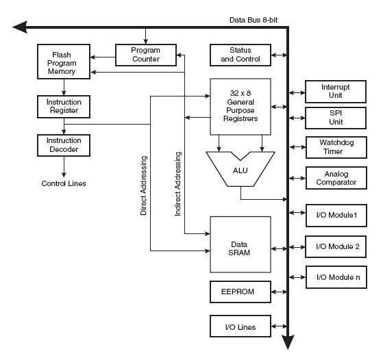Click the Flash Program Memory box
point(64,62)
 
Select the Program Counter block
point(146,55)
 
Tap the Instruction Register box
point(64,107)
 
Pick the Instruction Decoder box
point(64,145)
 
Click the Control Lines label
point(64,183)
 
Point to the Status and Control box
point(240,55)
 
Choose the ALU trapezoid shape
point(240,169)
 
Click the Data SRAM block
point(240,244)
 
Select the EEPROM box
point(240,292)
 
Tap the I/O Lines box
point(240,326)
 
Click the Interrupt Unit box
point(336,92)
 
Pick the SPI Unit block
point(336,118)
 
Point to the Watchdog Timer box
point(336,147)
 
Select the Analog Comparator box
point(336,178)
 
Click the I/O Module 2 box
point(336,246)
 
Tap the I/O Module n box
point(336,277)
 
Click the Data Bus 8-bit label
point(254,20)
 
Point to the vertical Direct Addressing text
point(144,185)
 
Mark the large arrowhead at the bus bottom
point(288,342)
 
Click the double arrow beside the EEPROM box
point(279,292)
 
